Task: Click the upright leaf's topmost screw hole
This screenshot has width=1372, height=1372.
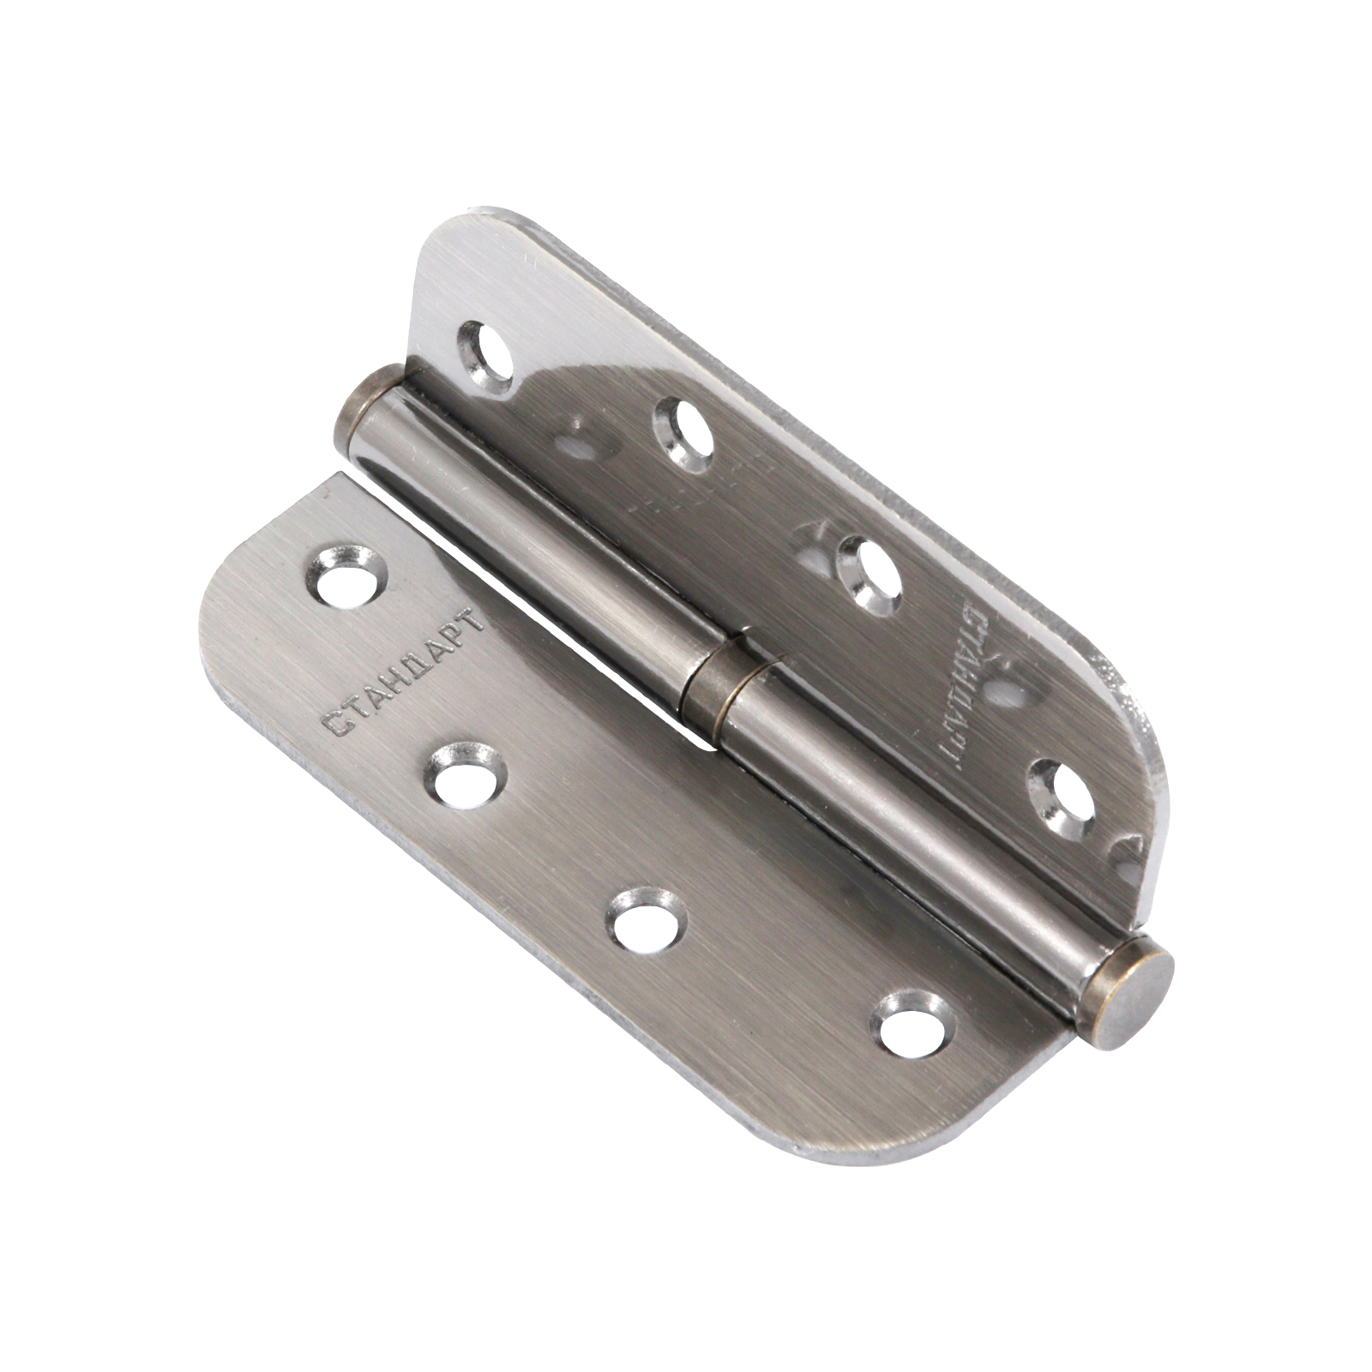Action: click(x=487, y=352)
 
